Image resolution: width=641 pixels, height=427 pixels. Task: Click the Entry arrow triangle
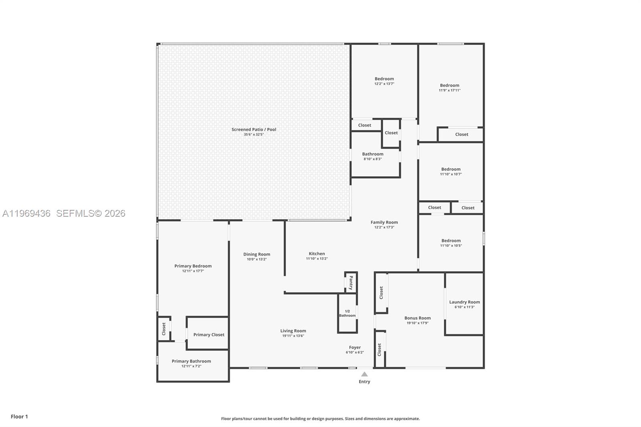pos(364,374)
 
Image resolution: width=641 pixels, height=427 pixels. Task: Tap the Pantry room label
pos(351,282)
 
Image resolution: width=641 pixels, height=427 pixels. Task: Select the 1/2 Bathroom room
pos(347,313)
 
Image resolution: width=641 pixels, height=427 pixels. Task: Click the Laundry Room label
pos(464,302)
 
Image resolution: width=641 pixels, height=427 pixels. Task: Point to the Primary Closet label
pos(209,334)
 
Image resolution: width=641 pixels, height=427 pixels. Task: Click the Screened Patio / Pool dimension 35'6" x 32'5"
pos(254,135)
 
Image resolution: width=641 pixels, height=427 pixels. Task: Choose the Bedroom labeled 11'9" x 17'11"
pos(450,87)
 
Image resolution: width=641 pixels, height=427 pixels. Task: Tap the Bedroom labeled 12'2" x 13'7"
pos(384,81)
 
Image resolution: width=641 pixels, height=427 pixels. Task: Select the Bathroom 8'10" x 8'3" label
pos(373,156)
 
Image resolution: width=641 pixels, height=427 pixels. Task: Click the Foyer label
pos(355,347)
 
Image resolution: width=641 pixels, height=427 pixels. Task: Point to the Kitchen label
pos(316,254)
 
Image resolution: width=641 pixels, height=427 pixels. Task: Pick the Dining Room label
pos(256,254)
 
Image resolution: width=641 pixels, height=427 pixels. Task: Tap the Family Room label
pos(384,222)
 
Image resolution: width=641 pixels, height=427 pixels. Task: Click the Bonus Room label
pos(417,318)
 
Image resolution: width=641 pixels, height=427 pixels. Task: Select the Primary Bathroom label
pos(191,361)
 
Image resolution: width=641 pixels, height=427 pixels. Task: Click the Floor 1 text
pos(19,417)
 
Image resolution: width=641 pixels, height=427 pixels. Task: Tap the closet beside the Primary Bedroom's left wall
pos(164,328)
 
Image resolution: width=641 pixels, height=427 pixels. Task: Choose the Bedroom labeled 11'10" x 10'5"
pos(451,243)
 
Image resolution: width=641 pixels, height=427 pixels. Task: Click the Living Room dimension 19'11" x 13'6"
pos(293,336)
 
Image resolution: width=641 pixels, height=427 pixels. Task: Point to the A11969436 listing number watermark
pos(26,214)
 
